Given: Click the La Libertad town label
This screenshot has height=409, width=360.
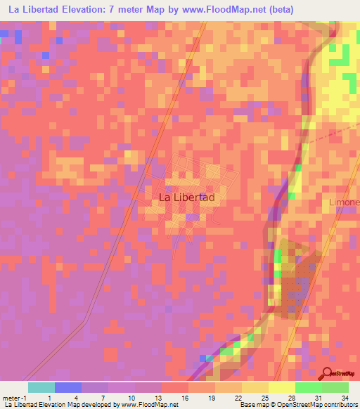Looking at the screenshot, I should click(187, 198).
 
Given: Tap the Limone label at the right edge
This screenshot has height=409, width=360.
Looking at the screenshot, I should click(345, 202).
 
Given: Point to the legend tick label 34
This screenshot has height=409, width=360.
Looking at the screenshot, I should click(345, 398).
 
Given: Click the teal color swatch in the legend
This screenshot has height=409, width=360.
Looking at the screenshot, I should click(41, 387).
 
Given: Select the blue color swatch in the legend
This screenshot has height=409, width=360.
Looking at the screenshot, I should click(68, 387).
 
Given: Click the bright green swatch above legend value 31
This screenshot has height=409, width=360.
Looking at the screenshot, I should click(308, 387).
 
